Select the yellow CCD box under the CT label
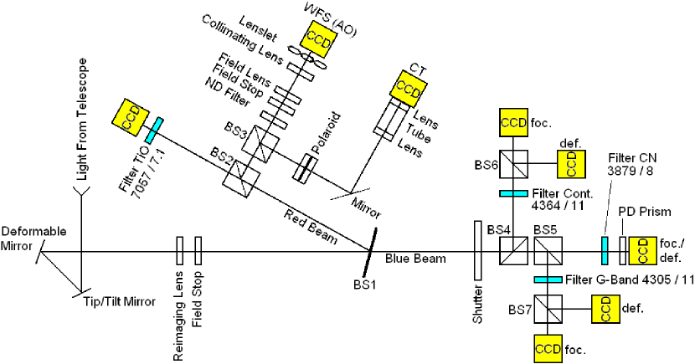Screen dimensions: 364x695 pyautogui.click(x=408, y=88)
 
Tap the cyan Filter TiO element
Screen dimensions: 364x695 pyautogui.click(x=152, y=130)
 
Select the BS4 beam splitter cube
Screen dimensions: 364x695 pyautogui.click(x=511, y=249)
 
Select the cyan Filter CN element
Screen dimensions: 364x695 pyautogui.click(x=603, y=249)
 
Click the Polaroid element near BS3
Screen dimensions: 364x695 pyautogui.click(x=301, y=167)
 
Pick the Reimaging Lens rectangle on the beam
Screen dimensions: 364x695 pyautogui.click(x=179, y=249)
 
